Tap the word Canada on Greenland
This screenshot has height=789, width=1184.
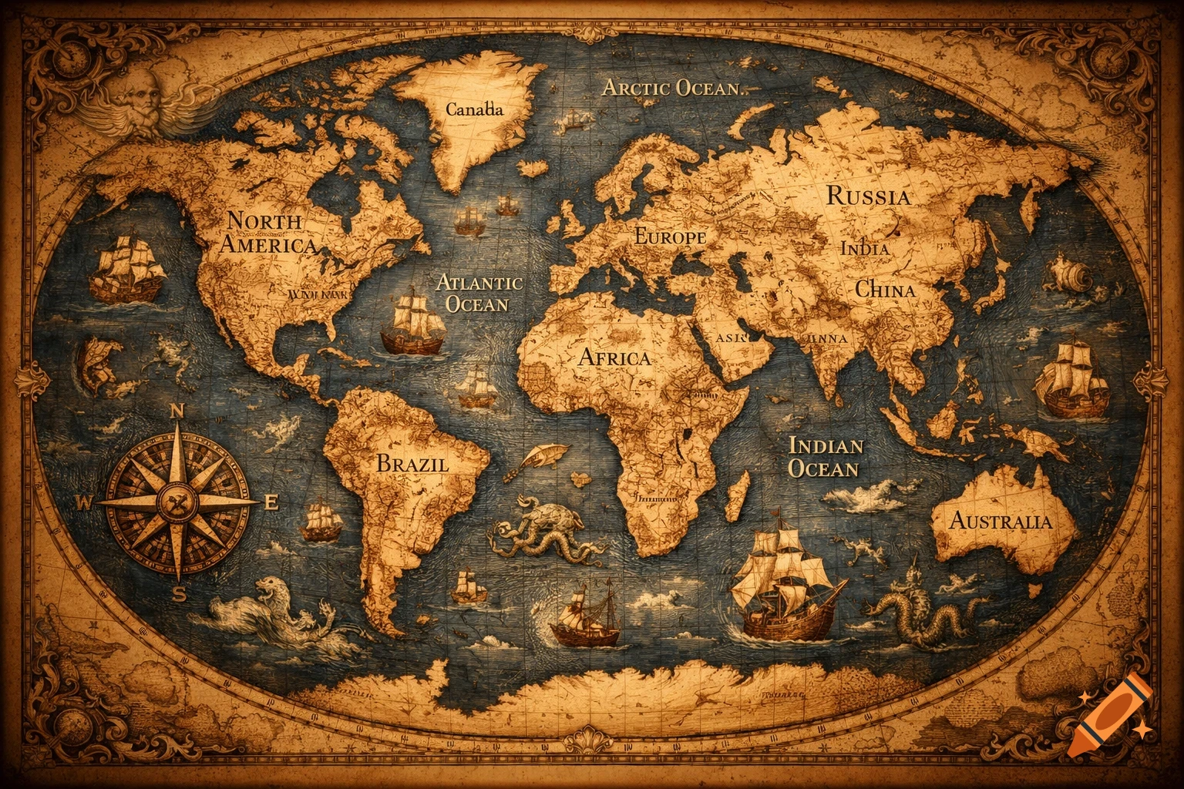pyautogui.click(x=474, y=109)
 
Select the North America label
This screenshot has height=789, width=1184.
pyautogui.click(x=267, y=233)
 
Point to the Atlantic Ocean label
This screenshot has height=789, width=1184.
pyautogui.click(x=479, y=293)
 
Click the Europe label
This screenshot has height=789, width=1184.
pyautogui.click(x=669, y=237)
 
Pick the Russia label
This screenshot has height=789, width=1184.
pyautogui.click(x=868, y=196)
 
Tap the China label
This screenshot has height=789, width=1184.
pyautogui.click(x=885, y=290)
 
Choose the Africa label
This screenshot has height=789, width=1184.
pyautogui.click(x=614, y=358)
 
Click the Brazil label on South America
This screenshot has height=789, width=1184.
pyautogui.click(x=412, y=463)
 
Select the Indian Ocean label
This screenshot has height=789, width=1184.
pyautogui.click(x=826, y=457)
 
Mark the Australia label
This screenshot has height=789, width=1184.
pyautogui.click(x=1000, y=521)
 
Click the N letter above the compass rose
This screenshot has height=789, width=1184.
pyautogui.click(x=176, y=411)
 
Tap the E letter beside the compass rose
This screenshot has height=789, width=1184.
pyautogui.click(x=271, y=503)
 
